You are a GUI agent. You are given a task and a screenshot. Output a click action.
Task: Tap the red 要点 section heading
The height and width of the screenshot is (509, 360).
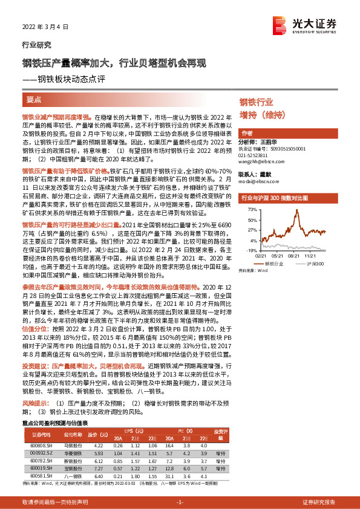point(34,99)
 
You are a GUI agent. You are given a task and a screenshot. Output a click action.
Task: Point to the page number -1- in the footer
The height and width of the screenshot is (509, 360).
point(180,502)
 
